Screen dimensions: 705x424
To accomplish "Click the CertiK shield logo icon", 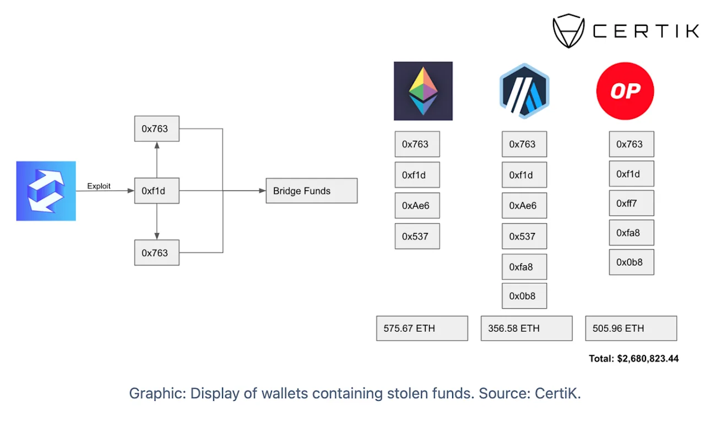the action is click(x=569, y=31).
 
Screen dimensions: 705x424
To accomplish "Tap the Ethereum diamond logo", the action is click(x=423, y=91).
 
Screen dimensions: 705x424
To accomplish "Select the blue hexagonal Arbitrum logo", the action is click(x=524, y=91).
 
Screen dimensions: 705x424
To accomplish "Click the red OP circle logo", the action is click(x=625, y=91).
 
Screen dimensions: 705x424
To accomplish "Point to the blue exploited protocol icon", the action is click(x=46, y=191).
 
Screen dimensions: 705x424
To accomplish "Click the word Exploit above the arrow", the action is click(x=99, y=186).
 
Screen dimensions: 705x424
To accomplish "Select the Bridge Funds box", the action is click(x=312, y=191).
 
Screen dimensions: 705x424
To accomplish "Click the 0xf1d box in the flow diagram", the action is click(x=157, y=191).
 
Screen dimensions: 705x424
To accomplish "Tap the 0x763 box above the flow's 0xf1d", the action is click(x=157, y=129).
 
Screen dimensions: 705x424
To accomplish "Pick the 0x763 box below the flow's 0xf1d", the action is click(x=157, y=253).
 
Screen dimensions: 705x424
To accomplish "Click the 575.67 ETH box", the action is click(x=422, y=328).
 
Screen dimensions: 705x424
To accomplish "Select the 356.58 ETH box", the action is click(x=527, y=328).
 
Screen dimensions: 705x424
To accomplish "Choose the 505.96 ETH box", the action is click(x=631, y=328).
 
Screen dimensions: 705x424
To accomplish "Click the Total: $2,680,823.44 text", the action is click(x=633, y=358).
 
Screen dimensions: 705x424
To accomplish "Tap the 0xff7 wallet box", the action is click(x=631, y=203).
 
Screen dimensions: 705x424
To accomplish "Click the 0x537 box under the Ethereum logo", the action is click(x=417, y=236).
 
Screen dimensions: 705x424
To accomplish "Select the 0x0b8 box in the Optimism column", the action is click(x=631, y=262).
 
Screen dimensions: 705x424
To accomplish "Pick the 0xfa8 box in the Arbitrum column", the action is click(x=524, y=267).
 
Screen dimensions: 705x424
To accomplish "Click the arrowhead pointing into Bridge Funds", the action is click(x=262, y=191).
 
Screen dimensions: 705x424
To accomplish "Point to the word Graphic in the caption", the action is click(x=158, y=393).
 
